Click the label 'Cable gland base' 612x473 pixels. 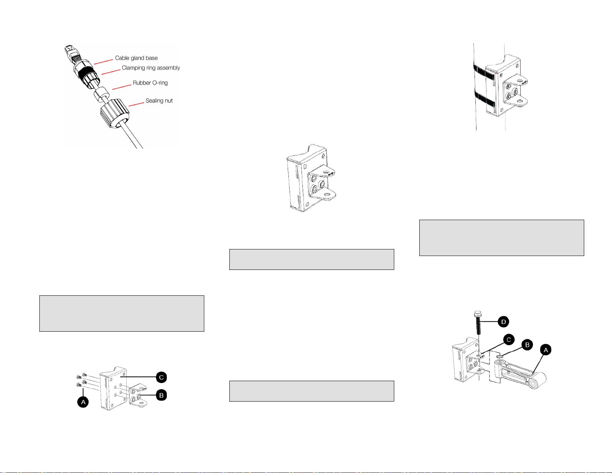[136, 58]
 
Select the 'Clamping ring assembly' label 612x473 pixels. [151, 68]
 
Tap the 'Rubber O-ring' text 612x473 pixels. [150, 83]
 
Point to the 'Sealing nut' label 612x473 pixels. [159, 100]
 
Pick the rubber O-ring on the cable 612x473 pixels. [102, 93]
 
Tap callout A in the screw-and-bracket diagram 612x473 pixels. [83, 402]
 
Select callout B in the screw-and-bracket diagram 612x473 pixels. [161, 395]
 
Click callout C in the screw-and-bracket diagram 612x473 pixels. [161, 377]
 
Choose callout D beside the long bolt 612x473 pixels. [503, 322]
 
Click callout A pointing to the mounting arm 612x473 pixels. [546, 350]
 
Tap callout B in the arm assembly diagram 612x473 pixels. [527, 345]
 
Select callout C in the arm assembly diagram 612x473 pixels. [509, 339]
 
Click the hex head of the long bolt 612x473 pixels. [478, 314]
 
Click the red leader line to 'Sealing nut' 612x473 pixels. [136, 104]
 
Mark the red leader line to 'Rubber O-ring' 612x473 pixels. [122, 87]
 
